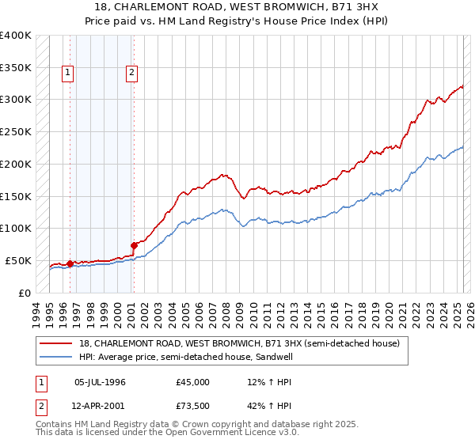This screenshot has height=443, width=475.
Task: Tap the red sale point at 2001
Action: [x=134, y=245]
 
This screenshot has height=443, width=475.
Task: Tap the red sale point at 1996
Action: [x=70, y=263]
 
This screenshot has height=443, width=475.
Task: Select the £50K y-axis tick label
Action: [x=18, y=260]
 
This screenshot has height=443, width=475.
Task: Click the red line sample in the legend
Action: [x=56, y=343]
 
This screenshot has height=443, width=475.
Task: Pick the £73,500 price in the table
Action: [x=193, y=407]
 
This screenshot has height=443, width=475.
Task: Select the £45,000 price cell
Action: [x=193, y=382]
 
